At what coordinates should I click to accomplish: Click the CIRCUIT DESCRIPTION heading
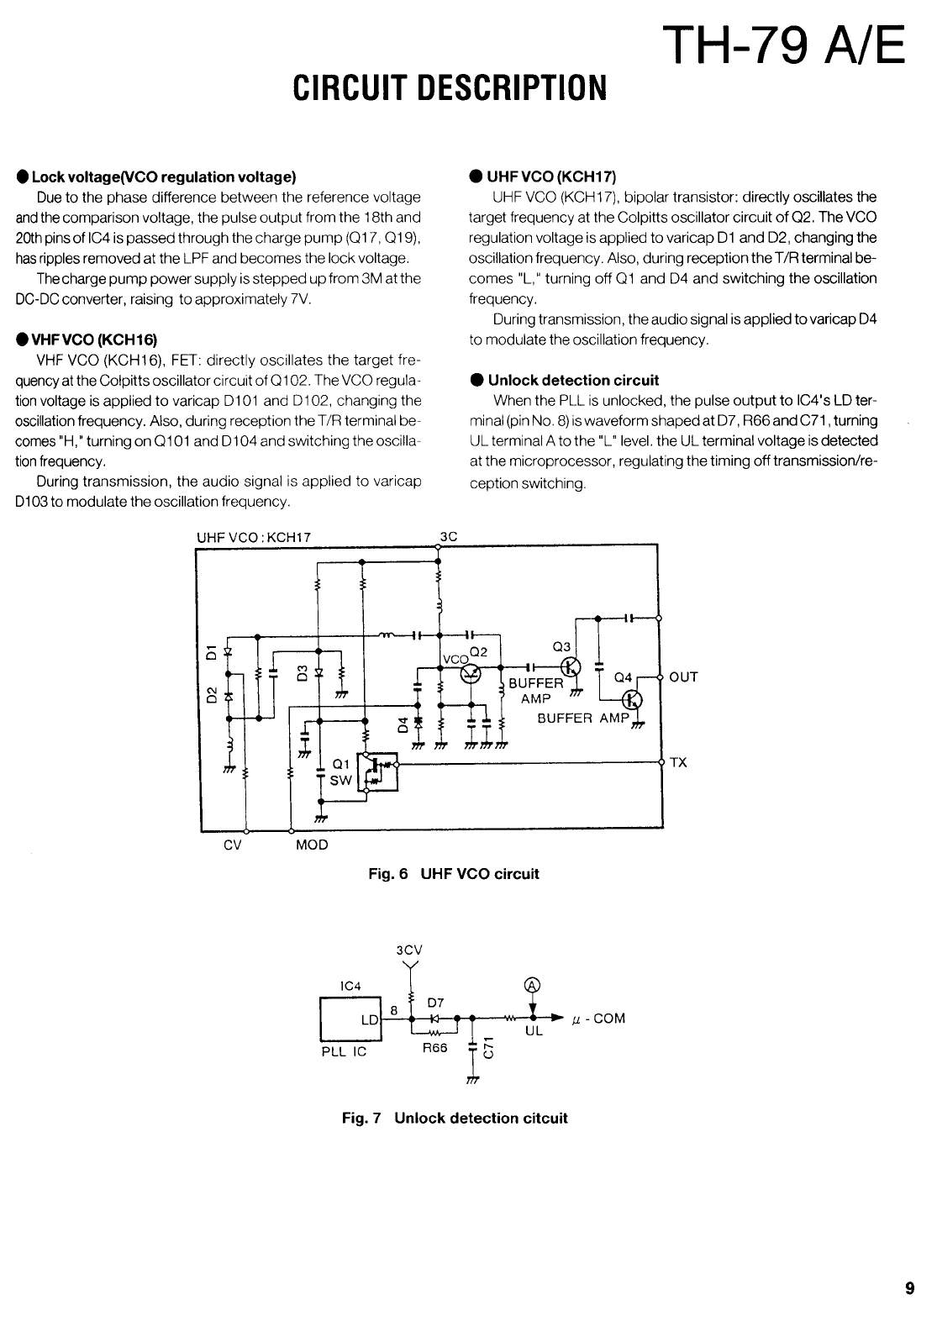(x=448, y=87)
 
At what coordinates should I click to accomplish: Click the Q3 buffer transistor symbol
(x=572, y=667)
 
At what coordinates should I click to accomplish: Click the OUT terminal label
(x=684, y=677)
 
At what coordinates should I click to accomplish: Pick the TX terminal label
(x=678, y=763)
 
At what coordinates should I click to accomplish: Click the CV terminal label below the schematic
(x=233, y=845)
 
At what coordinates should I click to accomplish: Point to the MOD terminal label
(x=312, y=845)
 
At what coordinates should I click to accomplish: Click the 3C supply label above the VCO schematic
(x=448, y=537)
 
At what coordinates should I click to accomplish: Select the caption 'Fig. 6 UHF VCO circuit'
(x=454, y=874)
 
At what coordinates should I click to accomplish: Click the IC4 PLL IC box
(x=350, y=1019)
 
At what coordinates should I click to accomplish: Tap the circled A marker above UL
(x=532, y=986)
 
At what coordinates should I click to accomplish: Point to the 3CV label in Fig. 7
(x=409, y=950)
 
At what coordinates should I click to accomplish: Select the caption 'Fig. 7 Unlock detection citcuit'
(x=454, y=1119)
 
